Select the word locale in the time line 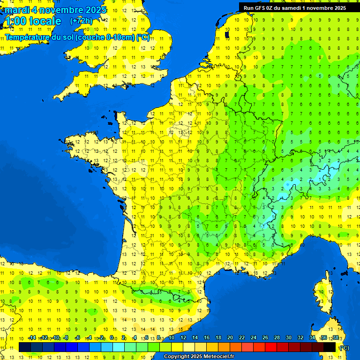[x=45, y=21]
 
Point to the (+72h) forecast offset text [x=82, y=21]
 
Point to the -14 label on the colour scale [x=32, y=338]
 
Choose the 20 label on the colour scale [x=230, y=338]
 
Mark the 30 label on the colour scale [x=288, y=338]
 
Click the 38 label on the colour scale [x=335, y=338]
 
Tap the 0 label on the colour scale [x=112, y=338]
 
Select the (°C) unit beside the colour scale [x=344, y=348]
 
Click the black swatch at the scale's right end [x=330, y=347]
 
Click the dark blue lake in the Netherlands [x=227, y=34]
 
